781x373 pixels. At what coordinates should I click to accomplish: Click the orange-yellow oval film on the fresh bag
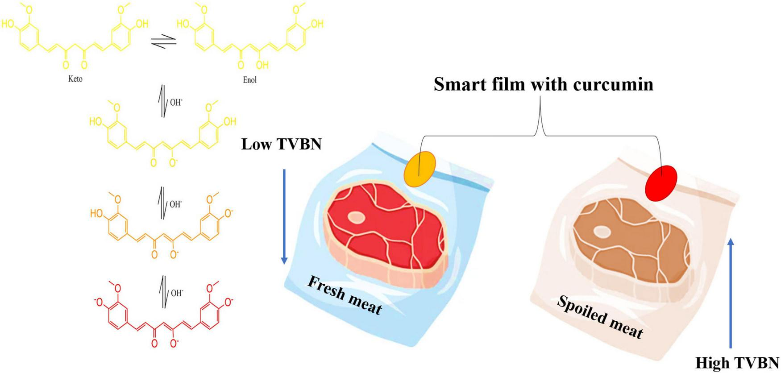pos(420,169)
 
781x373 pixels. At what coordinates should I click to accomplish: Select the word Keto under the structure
pos(75,79)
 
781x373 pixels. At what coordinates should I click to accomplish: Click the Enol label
pos(250,80)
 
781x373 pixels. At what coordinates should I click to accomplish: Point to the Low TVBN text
pos(281,144)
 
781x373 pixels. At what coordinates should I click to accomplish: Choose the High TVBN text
pos(737,363)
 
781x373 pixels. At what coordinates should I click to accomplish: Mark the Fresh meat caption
pos(345,295)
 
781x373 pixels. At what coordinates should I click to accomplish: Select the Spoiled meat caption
pos(600,317)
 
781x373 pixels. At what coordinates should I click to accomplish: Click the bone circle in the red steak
pos(356,218)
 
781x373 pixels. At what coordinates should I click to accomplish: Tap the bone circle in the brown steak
pos(602,232)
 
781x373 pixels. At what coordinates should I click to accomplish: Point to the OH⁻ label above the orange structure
pos(176,204)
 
